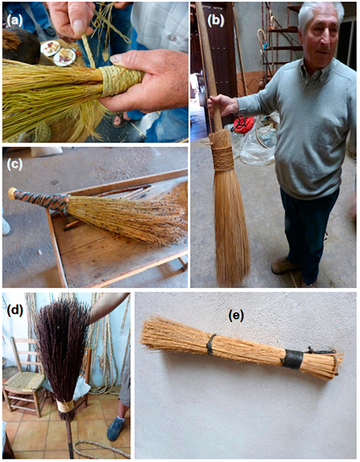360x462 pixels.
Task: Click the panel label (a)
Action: [14, 21]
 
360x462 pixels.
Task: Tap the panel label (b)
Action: [216, 20]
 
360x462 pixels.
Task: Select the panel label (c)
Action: [14, 164]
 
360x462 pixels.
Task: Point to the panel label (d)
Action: [14, 311]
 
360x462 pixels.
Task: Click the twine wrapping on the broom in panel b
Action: [222, 157]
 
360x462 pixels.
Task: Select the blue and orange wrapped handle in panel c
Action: [40, 199]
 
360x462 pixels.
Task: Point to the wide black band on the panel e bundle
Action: [292, 359]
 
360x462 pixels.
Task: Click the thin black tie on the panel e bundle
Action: [211, 345]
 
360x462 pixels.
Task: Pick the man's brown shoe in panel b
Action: [284, 265]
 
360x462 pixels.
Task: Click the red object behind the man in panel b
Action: [242, 124]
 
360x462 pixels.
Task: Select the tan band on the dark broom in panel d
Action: [65, 407]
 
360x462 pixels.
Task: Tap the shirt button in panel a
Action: [172, 38]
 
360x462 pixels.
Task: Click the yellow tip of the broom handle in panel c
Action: [12, 192]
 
